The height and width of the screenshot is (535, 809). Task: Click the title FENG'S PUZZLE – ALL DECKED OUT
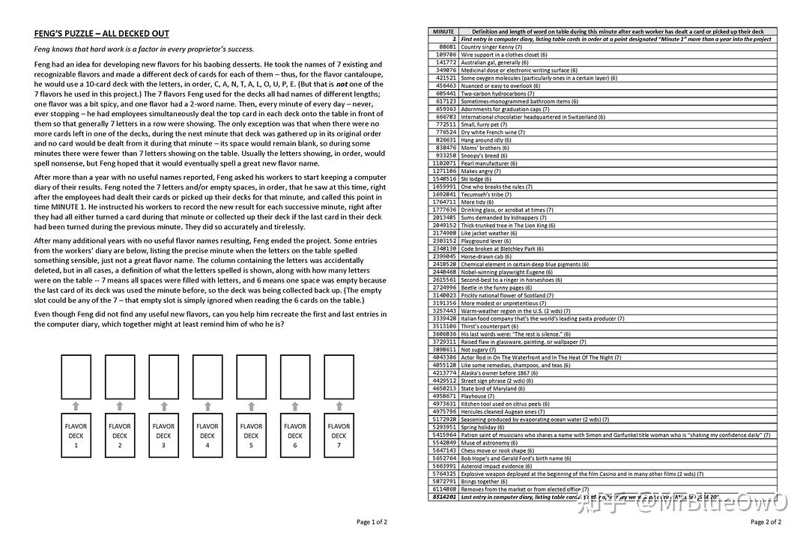coord(102,34)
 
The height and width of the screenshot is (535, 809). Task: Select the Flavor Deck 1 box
coord(76,435)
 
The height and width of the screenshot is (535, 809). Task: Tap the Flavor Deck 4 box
coord(207,435)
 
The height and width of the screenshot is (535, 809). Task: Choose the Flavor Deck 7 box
coord(339,435)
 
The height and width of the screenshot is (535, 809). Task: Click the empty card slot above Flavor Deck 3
coord(163,377)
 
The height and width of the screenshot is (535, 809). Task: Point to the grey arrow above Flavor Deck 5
coord(251,406)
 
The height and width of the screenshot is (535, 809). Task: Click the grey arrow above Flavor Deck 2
coord(120,406)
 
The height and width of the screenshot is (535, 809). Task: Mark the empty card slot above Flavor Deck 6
coord(295,377)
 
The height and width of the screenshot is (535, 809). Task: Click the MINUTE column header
coord(443,31)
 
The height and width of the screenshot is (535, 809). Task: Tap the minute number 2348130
coord(444,249)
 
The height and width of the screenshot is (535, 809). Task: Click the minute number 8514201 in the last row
coord(444,497)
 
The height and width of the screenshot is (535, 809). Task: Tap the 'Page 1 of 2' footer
coord(372,522)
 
